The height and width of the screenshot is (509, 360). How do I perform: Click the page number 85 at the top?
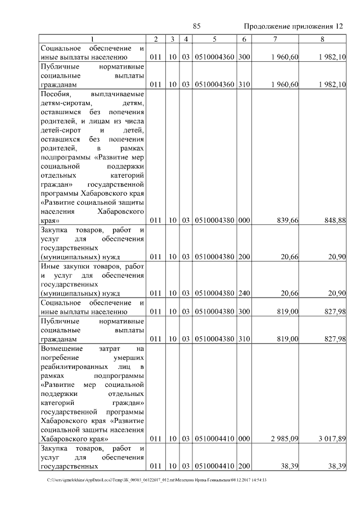(197, 26)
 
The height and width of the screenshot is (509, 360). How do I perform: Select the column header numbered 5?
(214, 39)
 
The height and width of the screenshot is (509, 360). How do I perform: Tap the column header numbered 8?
(322, 39)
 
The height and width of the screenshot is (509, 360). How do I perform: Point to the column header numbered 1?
(92, 39)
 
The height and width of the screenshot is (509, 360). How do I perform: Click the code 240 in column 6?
(244, 292)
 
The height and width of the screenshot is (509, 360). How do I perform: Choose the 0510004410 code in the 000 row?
(214, 438)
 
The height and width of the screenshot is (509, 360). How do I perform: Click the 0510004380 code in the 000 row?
(214, 220)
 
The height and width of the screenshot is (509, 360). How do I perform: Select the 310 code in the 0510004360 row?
(244, 84)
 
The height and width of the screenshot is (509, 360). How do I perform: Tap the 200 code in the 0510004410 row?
(244, 466)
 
